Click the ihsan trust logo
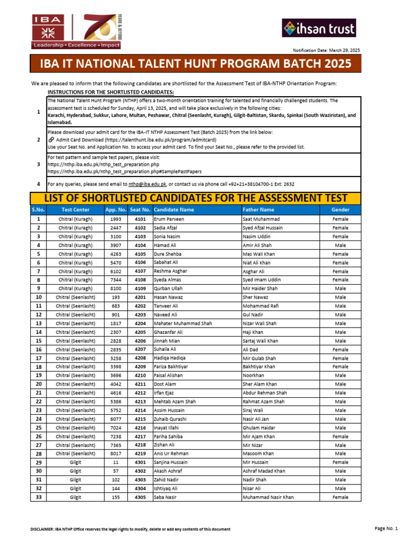319,28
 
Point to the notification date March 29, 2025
326,50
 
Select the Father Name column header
258,210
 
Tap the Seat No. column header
140,210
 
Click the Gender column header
340,210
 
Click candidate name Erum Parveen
169,219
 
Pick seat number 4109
140,288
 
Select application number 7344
116,280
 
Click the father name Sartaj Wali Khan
260,341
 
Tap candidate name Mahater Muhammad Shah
182,323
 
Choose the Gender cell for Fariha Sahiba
340,436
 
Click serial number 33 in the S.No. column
39,497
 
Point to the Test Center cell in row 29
76,462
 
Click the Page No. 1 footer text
385,529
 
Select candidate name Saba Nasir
166,497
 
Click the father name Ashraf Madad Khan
264,471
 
